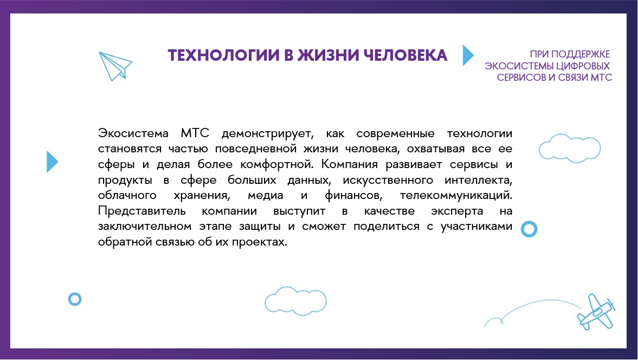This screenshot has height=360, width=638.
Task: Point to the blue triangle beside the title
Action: pyautogui.click(x=468, y=55)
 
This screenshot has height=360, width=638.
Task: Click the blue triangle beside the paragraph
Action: pyautogui.click(x=52, y=162)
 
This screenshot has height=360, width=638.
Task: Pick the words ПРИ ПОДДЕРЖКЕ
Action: pyautogui.click(x=570, y=54)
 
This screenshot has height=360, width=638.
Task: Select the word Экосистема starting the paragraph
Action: pyautogui.click(x=133, y=133)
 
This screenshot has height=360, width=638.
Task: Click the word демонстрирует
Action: pyautogui.click(x=267, y=134)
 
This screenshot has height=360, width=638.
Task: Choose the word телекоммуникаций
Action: pyautogui.click(x=456, y=196)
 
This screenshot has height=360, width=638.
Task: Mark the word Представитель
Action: pyautogui.click(x=141, y=211)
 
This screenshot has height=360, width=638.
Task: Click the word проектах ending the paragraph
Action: pyautogui.click(x=260, y=242)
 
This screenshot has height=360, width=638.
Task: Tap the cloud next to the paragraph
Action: pyautogui.click(x=570, y=148)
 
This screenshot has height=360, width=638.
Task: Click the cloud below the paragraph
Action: pyautogui.click(x=295, y=301)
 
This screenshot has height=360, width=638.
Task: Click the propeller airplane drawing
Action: pyautogui.click(x=596, y=312)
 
